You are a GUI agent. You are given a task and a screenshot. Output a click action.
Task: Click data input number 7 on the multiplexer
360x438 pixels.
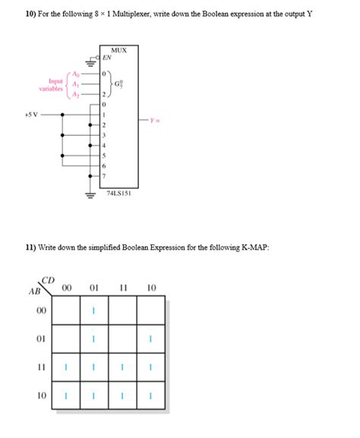pos(106,175)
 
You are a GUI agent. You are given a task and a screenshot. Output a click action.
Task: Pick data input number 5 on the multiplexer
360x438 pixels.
pos(106,155)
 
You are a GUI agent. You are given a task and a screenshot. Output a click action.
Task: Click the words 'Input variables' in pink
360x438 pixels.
pos(51,84)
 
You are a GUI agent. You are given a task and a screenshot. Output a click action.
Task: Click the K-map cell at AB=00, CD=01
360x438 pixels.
pos(93,310)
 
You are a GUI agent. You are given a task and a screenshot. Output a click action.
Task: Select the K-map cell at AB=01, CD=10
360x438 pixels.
pos(151,339)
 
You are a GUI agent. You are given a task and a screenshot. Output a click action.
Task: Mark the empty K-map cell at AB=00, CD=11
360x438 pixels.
pos(122,310)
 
